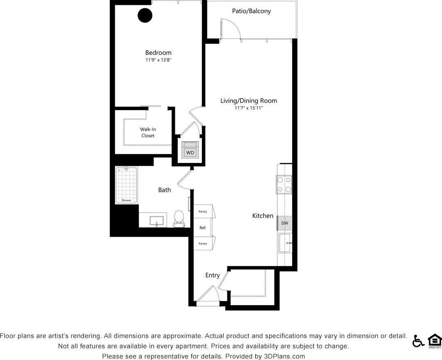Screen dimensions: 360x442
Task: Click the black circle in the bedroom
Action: pos(145,16)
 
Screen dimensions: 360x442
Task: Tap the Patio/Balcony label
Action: pos(251,11)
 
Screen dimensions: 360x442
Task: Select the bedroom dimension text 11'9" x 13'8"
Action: pos(158,60)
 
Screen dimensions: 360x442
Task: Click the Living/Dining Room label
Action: pos(248,101)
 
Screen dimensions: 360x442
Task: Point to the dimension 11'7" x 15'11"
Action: pos(248,108)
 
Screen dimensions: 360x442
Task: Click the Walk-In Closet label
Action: pos(148,132)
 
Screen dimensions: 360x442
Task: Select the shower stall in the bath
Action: pos(126,185)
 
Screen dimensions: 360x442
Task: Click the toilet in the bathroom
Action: pos(179,218)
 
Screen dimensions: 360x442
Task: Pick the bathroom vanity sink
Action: pos(157,222)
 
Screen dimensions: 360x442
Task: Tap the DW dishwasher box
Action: pos(285,223)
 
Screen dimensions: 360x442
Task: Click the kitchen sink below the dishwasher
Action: pos(285,243)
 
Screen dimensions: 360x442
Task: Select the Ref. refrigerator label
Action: pos(203,228)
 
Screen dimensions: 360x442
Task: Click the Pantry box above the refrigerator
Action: pos(203,212)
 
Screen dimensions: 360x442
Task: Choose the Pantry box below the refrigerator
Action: pos(203,244)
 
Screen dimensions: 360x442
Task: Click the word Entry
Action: pos(212,275)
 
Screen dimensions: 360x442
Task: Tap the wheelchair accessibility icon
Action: pos(418,341)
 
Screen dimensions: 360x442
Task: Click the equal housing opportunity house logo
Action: pos(435,341)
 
